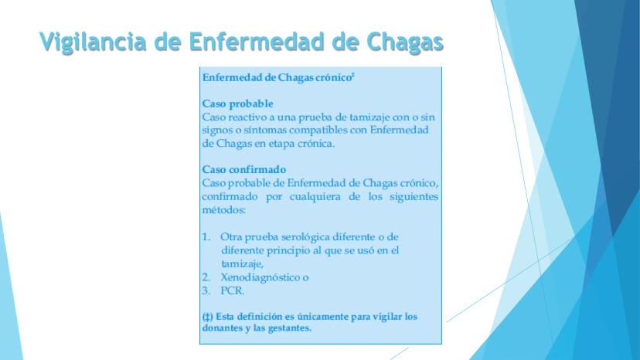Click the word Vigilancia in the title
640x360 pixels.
click(93, 42)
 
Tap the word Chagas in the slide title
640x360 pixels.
click(405, 42)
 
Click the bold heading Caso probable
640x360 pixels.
click(237, 104)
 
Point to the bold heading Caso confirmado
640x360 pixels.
click(244, 169)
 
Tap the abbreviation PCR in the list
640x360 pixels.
click(232, 290)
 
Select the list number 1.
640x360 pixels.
click(206, 236)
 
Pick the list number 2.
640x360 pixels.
click(206, 277)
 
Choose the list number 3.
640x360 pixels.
click(206, 290)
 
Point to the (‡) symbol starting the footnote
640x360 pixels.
click(207, 317)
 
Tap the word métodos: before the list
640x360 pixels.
click(223, 210)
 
